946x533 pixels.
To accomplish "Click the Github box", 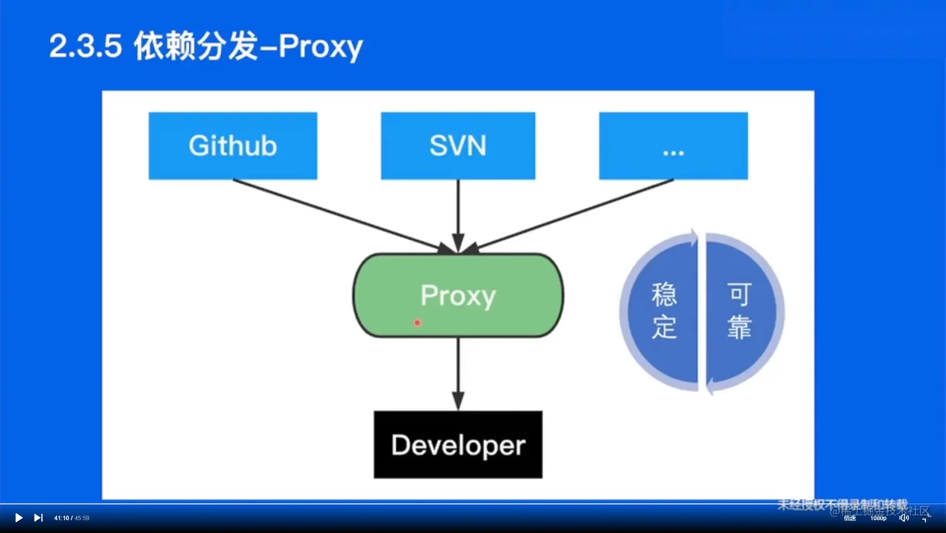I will click(233, 146).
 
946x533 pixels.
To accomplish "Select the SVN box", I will click(458, 146).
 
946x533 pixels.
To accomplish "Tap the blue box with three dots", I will click(673, 146).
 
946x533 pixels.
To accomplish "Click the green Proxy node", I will click(458, 295).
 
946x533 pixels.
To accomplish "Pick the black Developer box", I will click(458, 445).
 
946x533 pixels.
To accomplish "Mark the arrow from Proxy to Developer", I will click(458, 373).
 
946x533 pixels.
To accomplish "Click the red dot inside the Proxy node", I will click(417, 323).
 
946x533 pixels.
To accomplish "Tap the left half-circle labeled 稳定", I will click(663, 311).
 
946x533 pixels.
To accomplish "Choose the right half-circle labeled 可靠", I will click(740, 311).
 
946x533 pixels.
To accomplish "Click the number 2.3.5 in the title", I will click(85, 46).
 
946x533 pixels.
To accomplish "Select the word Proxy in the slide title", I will click(320, 46).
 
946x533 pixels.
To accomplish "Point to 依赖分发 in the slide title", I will click(196, 46).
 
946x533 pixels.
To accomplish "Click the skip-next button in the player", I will click(38, 518).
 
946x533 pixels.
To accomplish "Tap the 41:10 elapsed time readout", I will click(61, 518).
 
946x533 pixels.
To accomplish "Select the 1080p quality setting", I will click(878, 518).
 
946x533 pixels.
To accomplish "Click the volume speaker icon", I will click(903, 518).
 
